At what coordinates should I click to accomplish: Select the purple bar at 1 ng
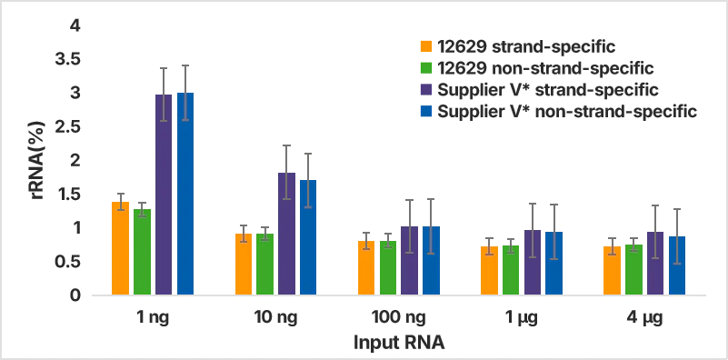[x=164, y=195]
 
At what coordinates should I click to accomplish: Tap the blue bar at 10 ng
[x=308, y=238]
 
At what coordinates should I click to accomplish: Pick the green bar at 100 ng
[x=387, y=268]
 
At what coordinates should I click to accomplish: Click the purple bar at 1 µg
[x=532, y=263]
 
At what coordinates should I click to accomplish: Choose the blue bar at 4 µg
[x=676, y=265]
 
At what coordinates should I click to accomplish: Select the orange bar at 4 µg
[x=612, y=271]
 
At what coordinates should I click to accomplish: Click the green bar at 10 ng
[x=264, y=265]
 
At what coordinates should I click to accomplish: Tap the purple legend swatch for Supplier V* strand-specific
[x=425, y=90]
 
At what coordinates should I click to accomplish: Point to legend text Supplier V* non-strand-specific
[x=566, y=112]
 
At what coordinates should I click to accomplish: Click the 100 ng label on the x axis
[x=398, y=318]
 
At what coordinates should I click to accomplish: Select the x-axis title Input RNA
[x=398, y=344]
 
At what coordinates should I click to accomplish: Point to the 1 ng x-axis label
[x=152, y=318]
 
